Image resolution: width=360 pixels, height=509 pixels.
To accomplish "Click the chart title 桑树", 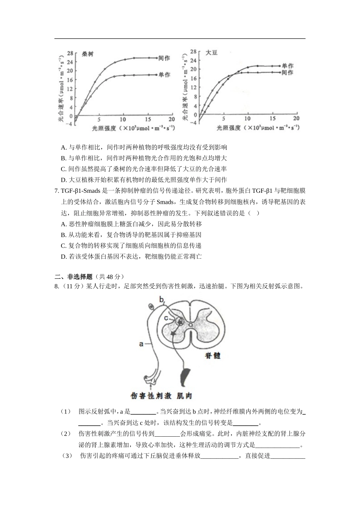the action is tap(88, 54).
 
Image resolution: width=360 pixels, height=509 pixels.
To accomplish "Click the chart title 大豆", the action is tap(211, 53).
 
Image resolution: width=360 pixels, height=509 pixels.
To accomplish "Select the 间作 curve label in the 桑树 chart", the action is tap(164, 58).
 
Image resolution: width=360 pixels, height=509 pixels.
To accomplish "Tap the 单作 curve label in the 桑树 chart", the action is tap(164, 75).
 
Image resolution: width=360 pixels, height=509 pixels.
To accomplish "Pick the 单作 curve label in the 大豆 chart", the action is tap(288, 66).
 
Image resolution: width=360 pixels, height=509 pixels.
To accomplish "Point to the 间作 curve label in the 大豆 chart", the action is tap(288, 72).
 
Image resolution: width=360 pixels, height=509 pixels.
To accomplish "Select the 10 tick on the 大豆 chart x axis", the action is tap(248, 119).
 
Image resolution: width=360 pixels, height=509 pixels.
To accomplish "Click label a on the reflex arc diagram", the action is tap(141, 344).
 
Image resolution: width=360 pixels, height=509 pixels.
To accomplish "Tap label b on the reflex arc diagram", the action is tap(161, 300).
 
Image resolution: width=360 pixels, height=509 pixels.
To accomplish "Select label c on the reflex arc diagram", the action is tap(166, 319).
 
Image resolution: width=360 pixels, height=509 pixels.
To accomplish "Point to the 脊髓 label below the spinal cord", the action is tap(213, 356).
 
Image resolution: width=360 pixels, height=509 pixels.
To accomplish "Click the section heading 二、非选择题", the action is tap(74, 276).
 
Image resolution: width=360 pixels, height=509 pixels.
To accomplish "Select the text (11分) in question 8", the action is tap(72, 286).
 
